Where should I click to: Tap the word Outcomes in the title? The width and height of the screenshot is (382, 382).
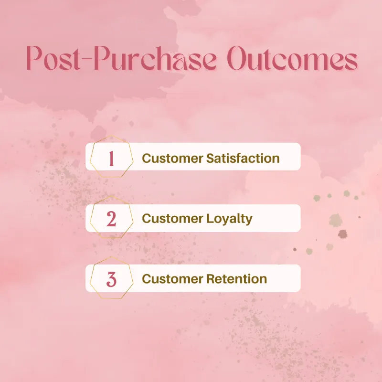pos(292,61)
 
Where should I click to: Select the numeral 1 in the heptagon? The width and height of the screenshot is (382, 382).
pos(111,158)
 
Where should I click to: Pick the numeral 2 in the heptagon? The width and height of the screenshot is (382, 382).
pos(111,219)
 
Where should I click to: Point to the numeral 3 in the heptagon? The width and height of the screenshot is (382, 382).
pos(111,279)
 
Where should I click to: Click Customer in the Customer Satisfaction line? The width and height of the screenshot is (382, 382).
pos(172,158)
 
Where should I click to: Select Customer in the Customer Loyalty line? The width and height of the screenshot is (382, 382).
pos(172,219)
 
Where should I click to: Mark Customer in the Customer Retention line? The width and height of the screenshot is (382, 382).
pos(172,279)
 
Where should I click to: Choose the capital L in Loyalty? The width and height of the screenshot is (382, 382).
pos(209,219)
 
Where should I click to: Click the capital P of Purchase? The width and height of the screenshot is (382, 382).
pos(107,60)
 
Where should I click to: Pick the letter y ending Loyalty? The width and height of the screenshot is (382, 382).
pos(248,221)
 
